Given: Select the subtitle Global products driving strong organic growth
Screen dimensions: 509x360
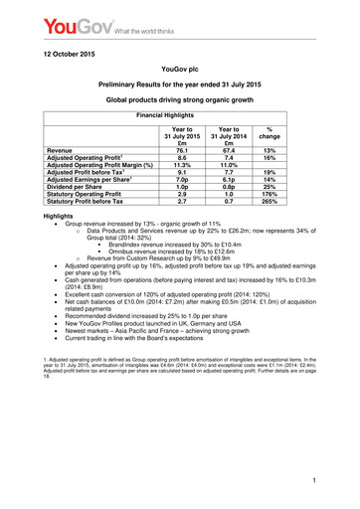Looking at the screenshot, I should click(x=179, y=100).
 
